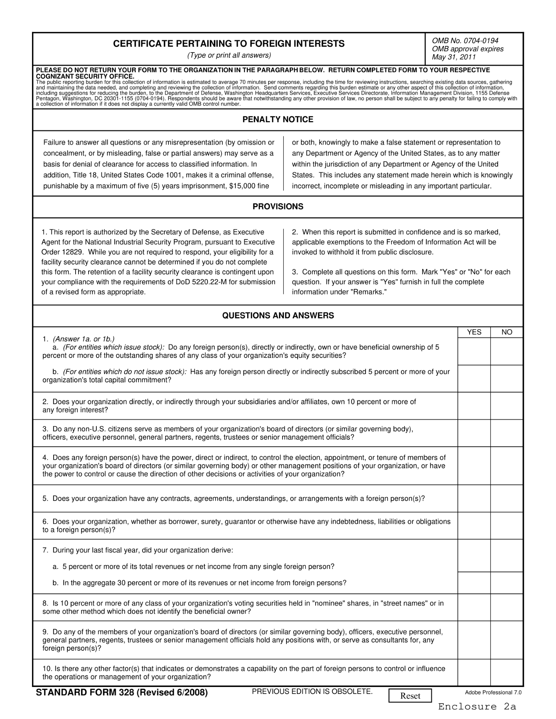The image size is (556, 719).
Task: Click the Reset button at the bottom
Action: point(410,696)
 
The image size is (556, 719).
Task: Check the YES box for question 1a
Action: point(474,351)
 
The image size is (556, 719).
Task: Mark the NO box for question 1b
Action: point(507,378)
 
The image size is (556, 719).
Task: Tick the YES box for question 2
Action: point(474,406)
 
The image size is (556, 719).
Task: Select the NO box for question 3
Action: point(507,433)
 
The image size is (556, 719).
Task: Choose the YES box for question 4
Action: point(474,466)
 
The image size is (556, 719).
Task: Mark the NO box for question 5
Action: point(507,499)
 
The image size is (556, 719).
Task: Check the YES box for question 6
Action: point(474,525)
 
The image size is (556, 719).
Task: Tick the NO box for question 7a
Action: point(507,555)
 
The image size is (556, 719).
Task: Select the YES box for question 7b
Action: point(474,583)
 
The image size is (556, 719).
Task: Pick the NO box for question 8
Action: point(507,607)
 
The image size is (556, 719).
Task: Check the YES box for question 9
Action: point(474,640)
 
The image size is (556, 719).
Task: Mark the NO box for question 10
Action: point(507,672)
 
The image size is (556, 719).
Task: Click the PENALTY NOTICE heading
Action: point(278,119)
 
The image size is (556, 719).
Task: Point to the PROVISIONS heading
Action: point(278,206)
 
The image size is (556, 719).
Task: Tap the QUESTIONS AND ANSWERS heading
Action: point(278,315)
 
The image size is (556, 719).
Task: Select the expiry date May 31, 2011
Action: point(454,57)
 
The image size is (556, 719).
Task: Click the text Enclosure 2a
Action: point(477,706)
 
